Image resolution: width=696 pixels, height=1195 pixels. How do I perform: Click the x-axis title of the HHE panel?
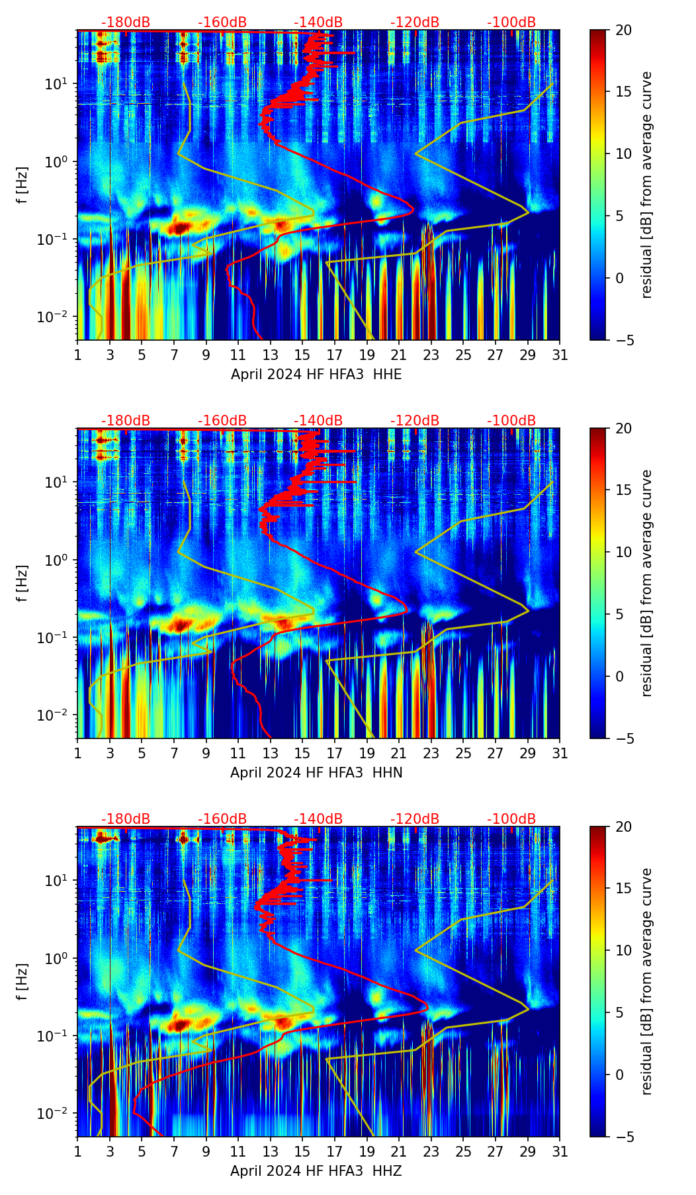click(x=316, y=375)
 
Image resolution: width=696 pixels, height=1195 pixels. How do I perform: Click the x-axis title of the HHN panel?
click(x=316, y=773)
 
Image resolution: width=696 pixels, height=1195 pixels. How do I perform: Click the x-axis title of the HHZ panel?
click(x=316, y=1171)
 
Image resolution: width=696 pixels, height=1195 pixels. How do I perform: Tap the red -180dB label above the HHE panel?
click(x=126, y=23)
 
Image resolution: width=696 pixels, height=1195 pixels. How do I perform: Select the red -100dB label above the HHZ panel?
click(x=511, y=820)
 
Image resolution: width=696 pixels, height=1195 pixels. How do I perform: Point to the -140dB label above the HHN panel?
click(x=318, y=421)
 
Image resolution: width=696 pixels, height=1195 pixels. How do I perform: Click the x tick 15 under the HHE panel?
click(x=302, y=355)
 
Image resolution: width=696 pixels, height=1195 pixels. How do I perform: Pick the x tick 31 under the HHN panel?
click(x=560, y=754)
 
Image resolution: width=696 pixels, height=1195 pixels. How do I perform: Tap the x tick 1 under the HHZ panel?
click(x=77, y=1152)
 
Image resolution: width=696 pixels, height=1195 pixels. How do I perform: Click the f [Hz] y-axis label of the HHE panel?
click(x=22, y=185)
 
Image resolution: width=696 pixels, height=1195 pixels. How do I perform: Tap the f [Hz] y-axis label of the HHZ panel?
click(x=22, y=981)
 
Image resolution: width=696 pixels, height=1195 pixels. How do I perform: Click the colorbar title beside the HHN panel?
click(x=647, y=583)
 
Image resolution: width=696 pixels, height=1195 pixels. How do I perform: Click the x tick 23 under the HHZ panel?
click(x=431, y=1152)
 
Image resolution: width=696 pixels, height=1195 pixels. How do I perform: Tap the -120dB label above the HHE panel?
click(x=415, y=23)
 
